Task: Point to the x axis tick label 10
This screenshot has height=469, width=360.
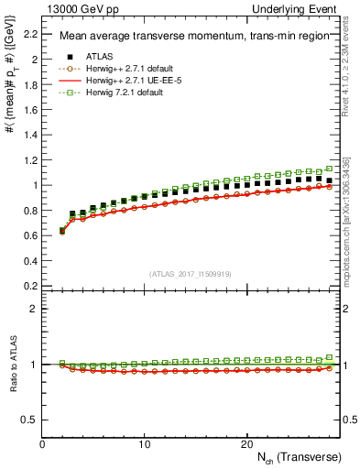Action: point(145,444)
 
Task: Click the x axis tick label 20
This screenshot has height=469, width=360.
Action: point(246,444)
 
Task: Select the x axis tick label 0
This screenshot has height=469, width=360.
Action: point(42,444)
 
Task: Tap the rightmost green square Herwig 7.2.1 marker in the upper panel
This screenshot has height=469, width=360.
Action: point(330,169)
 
